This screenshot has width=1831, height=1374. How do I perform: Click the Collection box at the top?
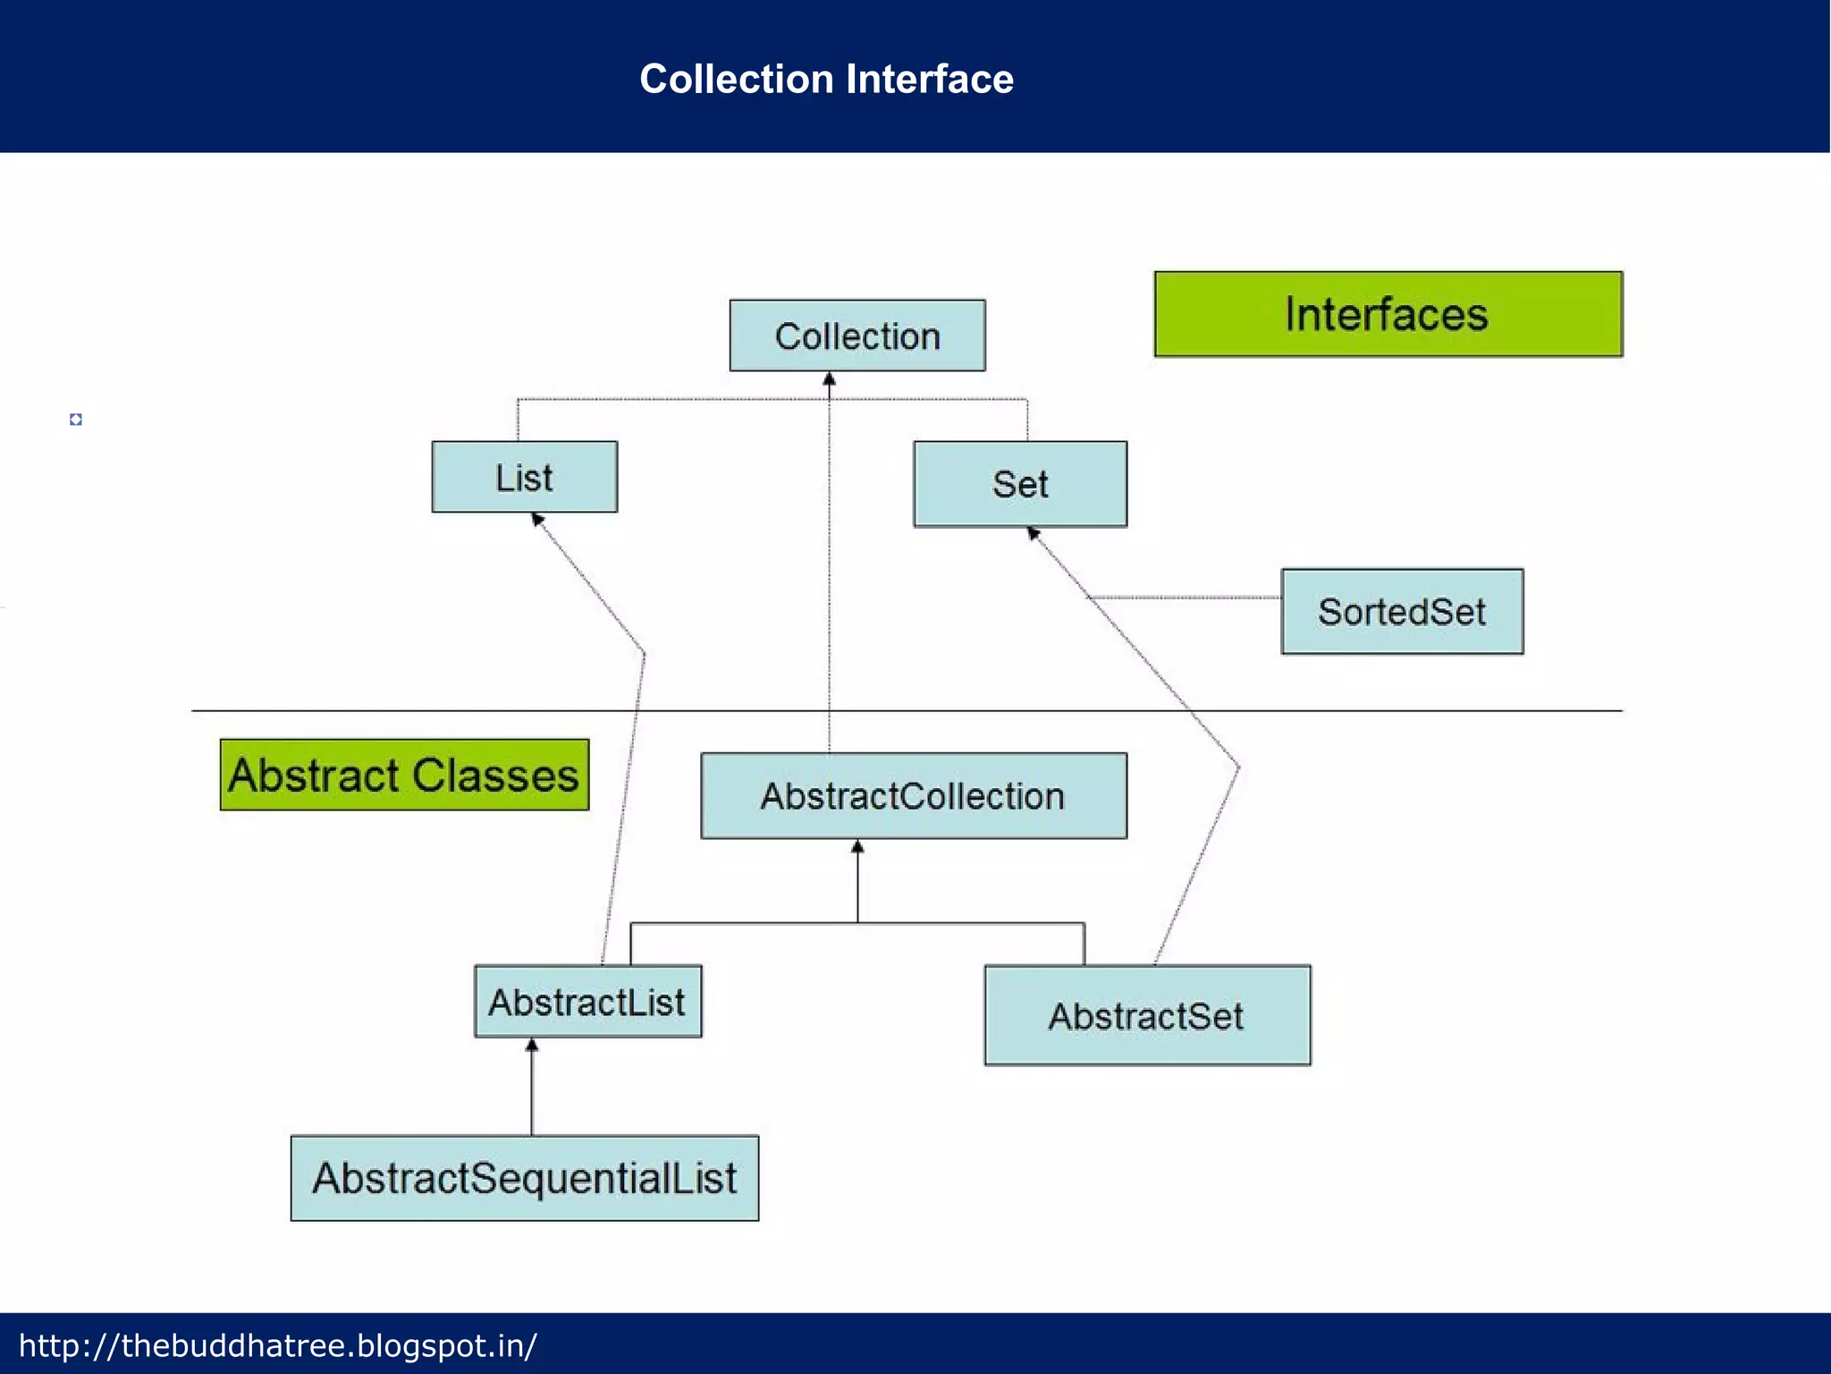point(857,335)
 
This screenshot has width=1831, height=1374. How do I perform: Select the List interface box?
point(524,477)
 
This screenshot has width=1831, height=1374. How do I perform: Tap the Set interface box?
point(1020,484)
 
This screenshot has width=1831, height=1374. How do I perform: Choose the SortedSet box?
point(1402,612)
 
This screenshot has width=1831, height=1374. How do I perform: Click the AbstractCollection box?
point(913,795)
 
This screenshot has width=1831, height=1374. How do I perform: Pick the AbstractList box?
point(587,1001)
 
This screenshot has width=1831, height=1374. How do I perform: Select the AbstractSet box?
point(1147,1015)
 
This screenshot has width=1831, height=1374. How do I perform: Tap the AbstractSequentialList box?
point(524,1178)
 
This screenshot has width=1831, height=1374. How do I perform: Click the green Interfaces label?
point(1388,314)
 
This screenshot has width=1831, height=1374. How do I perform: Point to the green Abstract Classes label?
point(404,775)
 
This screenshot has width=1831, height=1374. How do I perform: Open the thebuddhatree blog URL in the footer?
point(278,1345)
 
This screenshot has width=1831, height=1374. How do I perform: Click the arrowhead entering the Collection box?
point(829,380)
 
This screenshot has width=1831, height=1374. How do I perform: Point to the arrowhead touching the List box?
point(537,519)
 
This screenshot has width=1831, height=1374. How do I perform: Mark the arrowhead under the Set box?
point(1033,533)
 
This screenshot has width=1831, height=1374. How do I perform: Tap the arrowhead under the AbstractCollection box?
point(857,846)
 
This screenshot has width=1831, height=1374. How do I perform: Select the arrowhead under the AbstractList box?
point(532,1045)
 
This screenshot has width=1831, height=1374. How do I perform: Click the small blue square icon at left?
point(76,420)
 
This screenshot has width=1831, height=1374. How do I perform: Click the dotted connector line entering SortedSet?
point(1189,597)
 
